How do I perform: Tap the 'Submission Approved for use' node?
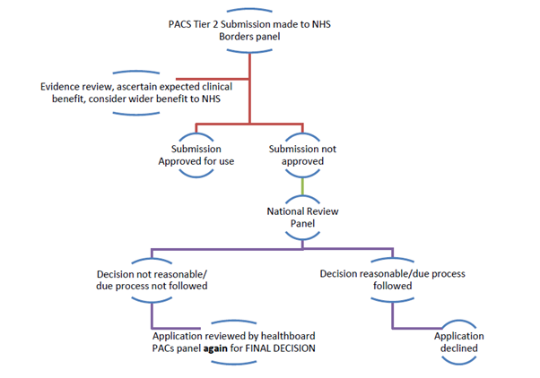(196, 154)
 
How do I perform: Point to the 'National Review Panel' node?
(303, 218)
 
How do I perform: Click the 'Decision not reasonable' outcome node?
(150, 280)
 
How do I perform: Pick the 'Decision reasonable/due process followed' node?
(391, 280)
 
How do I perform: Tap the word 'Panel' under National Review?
(303, 224)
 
